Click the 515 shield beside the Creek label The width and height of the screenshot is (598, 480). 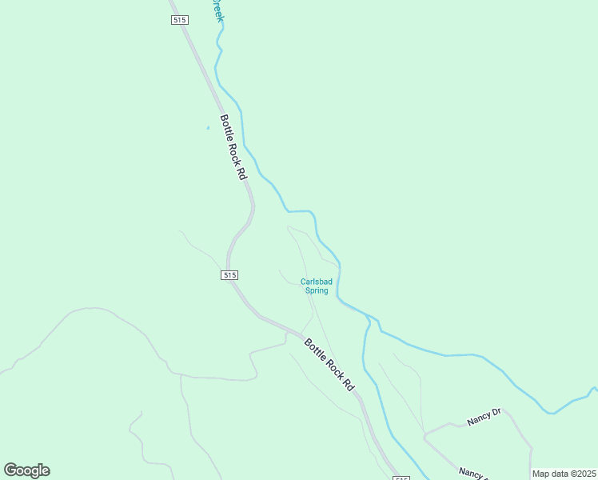[x=178, y=20]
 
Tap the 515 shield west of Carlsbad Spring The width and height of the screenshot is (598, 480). [x=229, y=274]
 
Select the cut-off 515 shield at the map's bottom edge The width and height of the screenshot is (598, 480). [x=401, y=477]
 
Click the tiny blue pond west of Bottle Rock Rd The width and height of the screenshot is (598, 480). [x=208, y=127]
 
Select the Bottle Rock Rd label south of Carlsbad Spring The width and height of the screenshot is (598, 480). [x=329, y=364]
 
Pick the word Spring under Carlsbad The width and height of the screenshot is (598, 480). [x=317, y=290]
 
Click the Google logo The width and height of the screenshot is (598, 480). [x=26, y=470]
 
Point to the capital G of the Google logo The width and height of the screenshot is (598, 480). [x=11, y=470]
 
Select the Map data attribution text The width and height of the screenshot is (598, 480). [x=563, y=474]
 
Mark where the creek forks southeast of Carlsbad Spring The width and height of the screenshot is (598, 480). [x=369, y=318]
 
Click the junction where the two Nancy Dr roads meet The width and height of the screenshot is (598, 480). [x=425, y=437]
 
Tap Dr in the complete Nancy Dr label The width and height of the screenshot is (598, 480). [x=496, y=412]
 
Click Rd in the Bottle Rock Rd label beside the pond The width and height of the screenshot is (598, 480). [x=240, y=170]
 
